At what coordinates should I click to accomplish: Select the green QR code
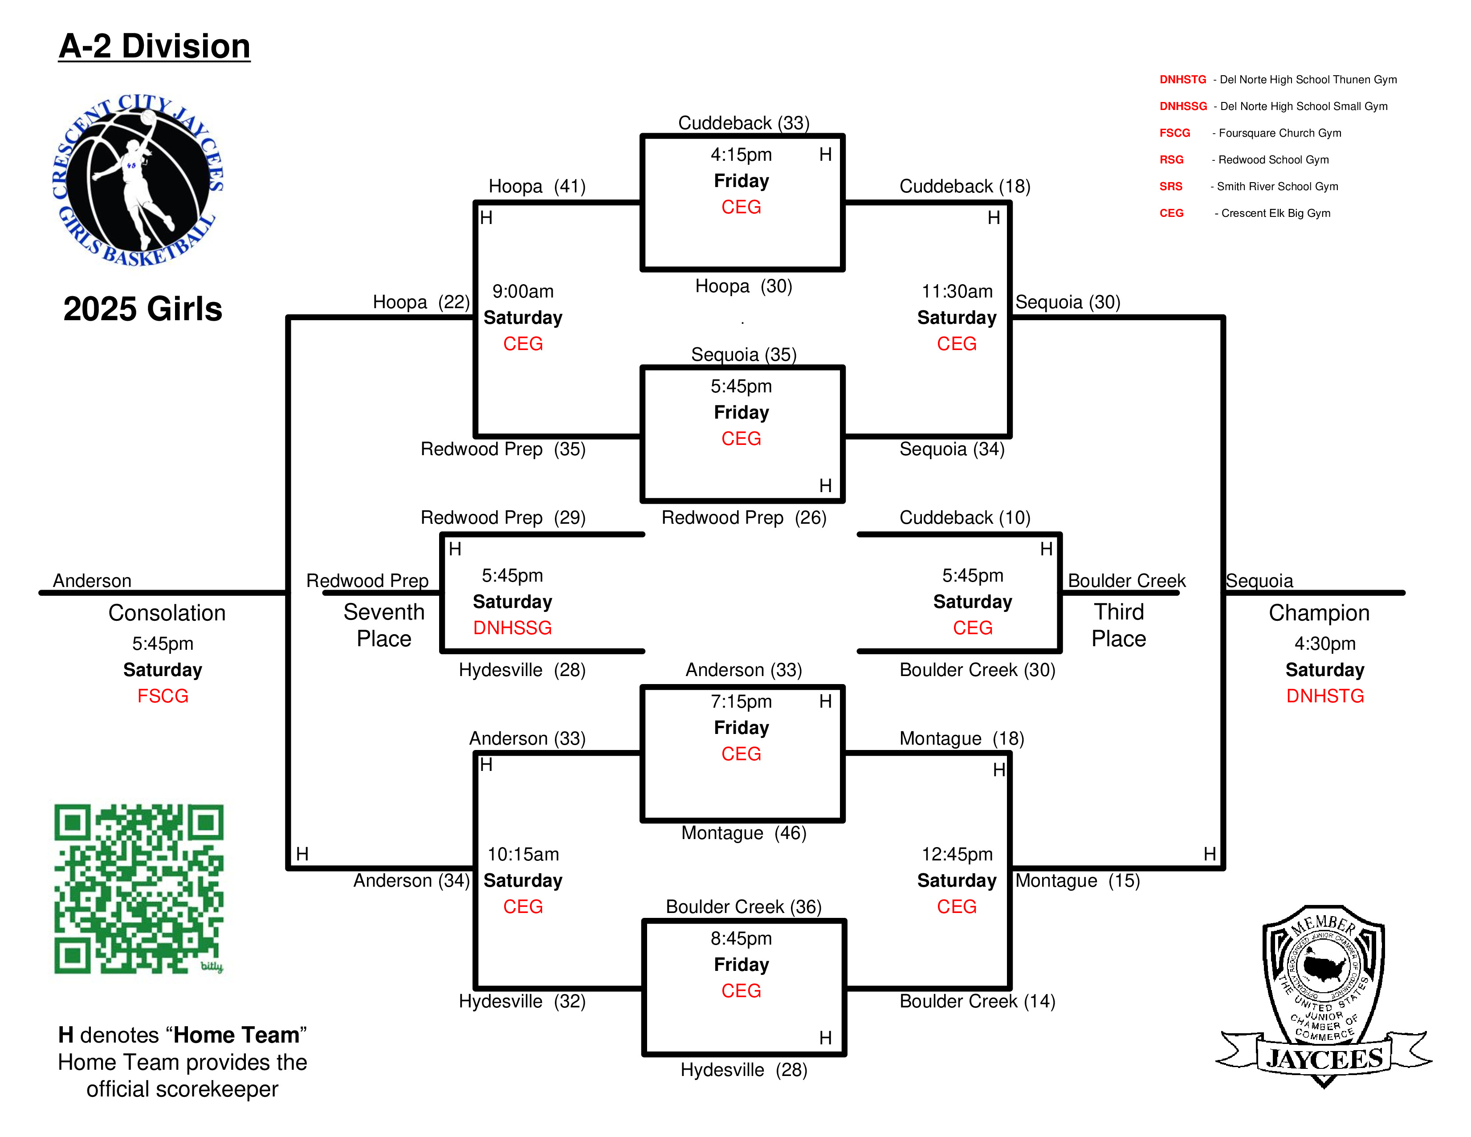tap(139, 888)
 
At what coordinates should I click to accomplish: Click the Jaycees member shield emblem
tap(1324, 997)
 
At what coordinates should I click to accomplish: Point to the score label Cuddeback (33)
tap(744, 123)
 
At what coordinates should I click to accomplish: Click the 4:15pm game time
tap(741, 155)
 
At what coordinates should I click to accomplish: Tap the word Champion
tap(1319, 613)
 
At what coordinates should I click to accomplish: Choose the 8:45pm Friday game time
tap(741, 938)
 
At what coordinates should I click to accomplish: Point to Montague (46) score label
tap(744, 833)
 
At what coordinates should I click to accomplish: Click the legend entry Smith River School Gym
tap(1277, 187)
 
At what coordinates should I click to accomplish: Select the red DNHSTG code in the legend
tap(1183, 79)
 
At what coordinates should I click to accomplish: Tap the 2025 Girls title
tap(143, 309)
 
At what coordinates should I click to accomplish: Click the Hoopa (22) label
tap(421, 302)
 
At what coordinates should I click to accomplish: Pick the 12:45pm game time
tap(957, 854)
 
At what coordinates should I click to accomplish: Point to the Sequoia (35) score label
tap(744, 355)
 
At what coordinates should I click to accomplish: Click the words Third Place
tap(1118, 625)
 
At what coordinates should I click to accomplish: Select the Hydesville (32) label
tap(522, 1002)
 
